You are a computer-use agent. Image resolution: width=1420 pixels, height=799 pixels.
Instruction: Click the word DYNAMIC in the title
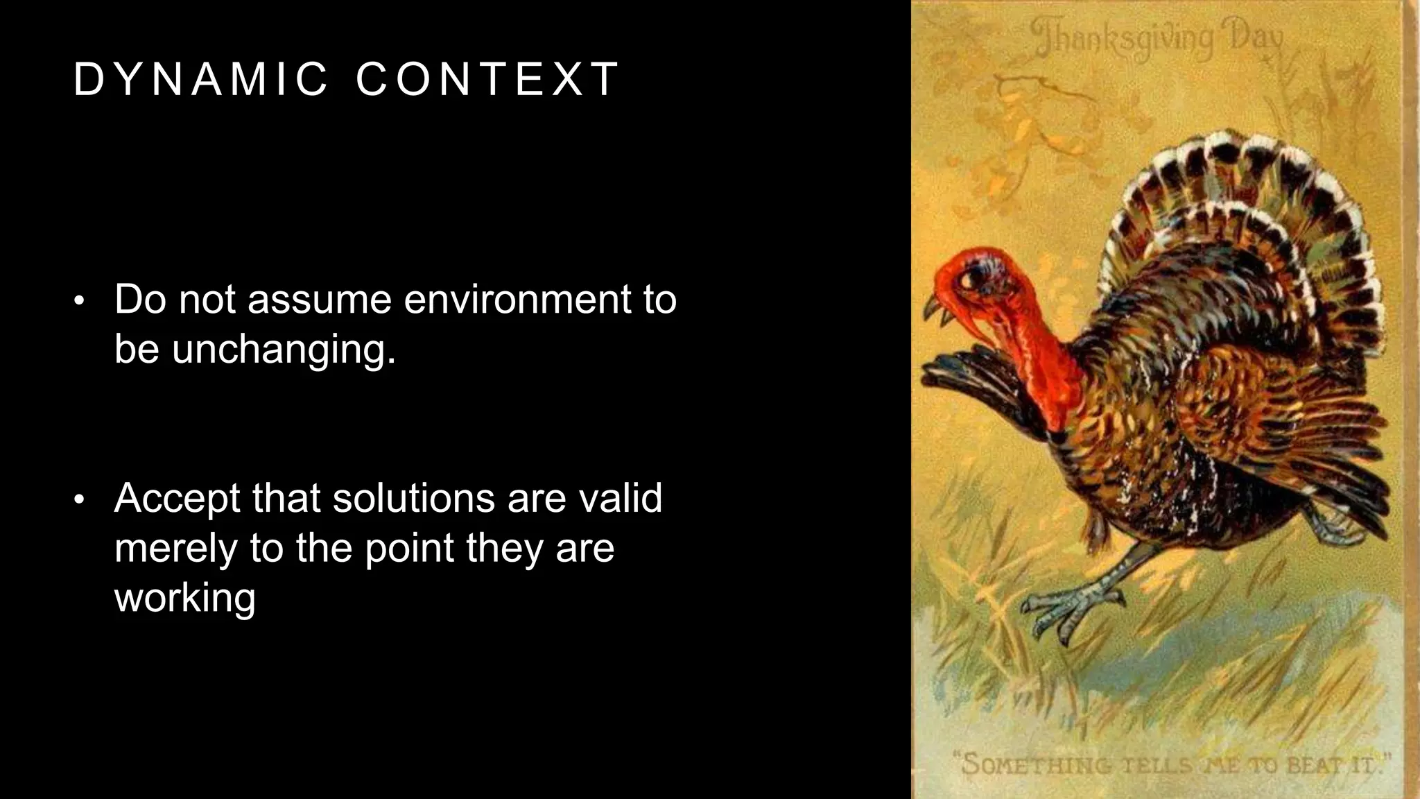click(200, 78)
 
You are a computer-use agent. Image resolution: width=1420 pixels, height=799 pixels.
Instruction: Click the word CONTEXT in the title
click(487, 78)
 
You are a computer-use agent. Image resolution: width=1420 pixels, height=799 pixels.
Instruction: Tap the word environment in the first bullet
click(517, 300)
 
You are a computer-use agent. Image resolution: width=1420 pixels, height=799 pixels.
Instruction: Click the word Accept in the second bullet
click(176, 499)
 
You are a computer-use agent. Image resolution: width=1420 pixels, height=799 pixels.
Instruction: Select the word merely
click(176, 548)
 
